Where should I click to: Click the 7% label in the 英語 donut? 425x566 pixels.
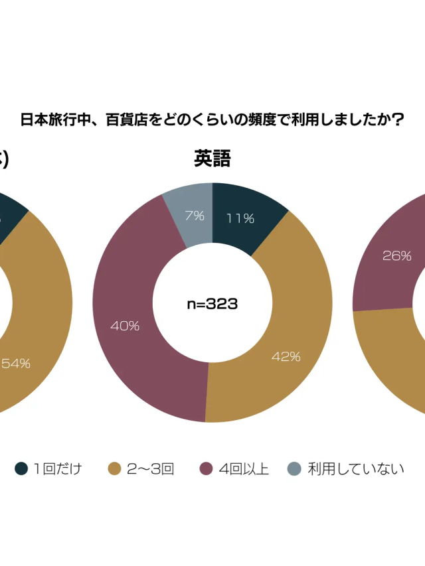coord(195,215)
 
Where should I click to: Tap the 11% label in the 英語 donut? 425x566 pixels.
coord(240,218)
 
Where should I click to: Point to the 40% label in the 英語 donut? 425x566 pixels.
coord(125,326)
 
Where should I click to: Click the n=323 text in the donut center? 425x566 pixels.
coord(212,304)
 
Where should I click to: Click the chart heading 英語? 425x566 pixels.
coord(212,159)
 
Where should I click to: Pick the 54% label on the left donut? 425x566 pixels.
coord(16,364)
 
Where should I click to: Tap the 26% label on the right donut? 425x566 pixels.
coord(397,255)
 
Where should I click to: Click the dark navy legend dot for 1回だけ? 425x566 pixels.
coord(21,469)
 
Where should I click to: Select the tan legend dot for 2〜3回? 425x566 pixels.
coord(115,469)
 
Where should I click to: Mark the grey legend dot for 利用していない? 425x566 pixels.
coord(294,469)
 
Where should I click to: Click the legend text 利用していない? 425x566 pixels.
coord(356,469)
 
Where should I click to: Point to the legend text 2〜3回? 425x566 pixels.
coord(150,469)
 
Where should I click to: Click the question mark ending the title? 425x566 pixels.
coord(398,120)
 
